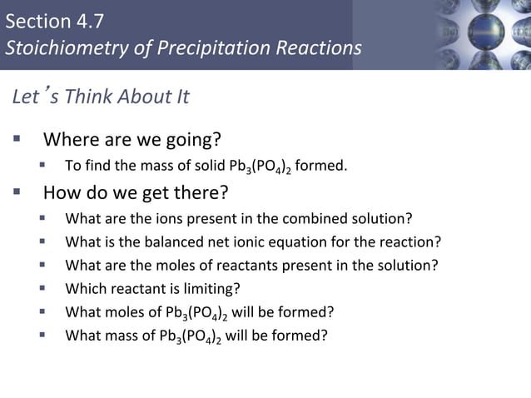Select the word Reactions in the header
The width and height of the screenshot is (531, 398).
pos(320,47)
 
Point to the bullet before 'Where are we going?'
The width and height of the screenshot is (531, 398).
pos(17,136)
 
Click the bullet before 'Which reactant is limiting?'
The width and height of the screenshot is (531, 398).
pos(42,288)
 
